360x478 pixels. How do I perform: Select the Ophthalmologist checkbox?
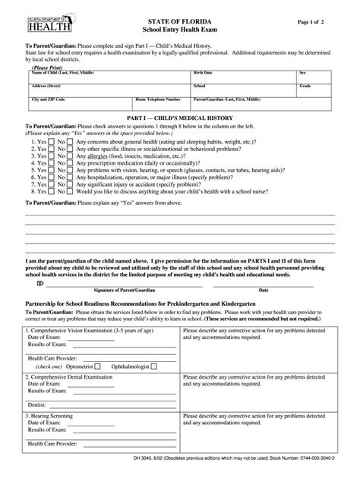tap(154, 366)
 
